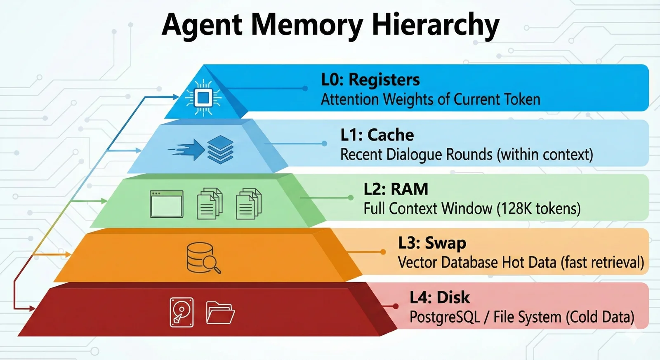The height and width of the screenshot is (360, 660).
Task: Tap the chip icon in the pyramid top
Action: (203, 98)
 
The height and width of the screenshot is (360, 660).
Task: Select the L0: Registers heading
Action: (370, 80)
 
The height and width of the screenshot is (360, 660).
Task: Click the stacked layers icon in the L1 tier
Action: (220, 149)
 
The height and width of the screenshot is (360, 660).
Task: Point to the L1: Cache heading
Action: (377, 135)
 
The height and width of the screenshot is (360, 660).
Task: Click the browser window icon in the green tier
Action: (167, 204)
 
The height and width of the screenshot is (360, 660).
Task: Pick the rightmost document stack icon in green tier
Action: (249, 203)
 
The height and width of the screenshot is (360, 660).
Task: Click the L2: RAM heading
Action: (396, 189)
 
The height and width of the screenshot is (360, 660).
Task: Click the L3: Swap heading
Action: (432, 243)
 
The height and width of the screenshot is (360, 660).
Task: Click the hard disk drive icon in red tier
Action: (181, 312)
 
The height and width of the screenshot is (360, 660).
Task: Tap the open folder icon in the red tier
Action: (220, 313)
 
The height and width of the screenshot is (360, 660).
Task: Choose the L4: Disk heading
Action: (439, 297)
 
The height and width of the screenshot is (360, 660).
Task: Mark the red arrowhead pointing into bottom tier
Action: (31, 308)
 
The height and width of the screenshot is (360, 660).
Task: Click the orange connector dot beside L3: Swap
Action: (383, 252)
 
